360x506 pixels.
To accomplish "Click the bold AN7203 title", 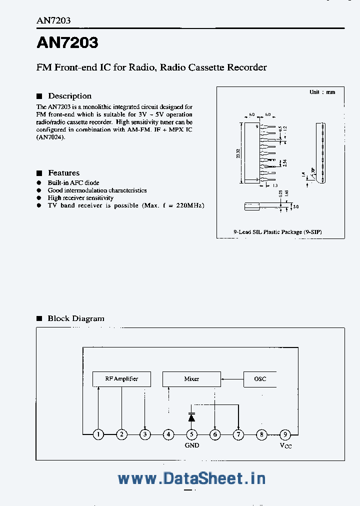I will [x=67, y=43].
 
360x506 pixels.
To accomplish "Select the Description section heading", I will [x=69, y=96].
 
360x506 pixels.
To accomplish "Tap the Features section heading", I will [x=63, y=173].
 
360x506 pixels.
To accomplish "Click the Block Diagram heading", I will [x=75, y=318].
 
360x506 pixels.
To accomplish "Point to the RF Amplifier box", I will [x=121, y=379].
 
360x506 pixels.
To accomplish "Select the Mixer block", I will [x=191, y=379].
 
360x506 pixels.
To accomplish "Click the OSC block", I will [x=260, y=379].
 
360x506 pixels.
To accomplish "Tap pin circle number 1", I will [x=98, y=434].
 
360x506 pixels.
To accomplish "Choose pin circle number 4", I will [x=169, y=434].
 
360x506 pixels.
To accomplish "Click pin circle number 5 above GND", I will [x=192, y=434].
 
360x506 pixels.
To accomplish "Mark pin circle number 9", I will [x=284, y=434].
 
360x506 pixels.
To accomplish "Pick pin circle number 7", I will [x=239, y=434].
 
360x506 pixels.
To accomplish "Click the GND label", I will [x=192, y=445].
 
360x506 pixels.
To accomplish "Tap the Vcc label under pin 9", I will [x=285, y=445].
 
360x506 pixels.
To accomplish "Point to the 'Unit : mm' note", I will [x=322, y=92].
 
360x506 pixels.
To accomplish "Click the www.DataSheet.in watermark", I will [x=191, y=478].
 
